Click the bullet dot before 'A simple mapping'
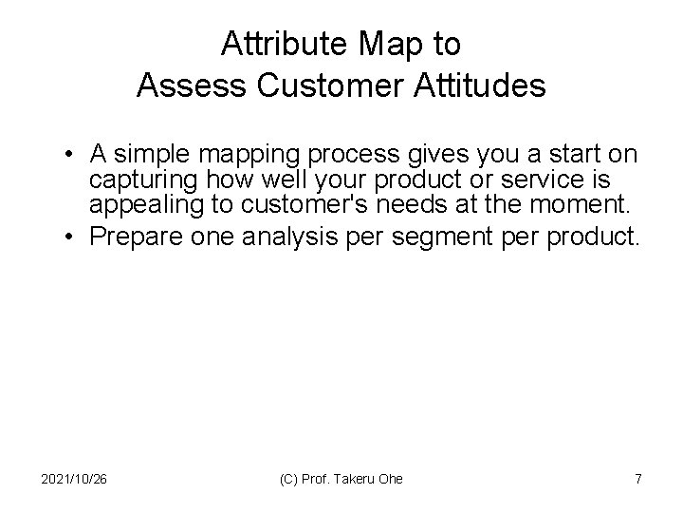(72, 153)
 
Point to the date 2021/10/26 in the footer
(75, 479)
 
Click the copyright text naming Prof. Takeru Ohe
(341, 479)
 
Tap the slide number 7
(637, 479)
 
